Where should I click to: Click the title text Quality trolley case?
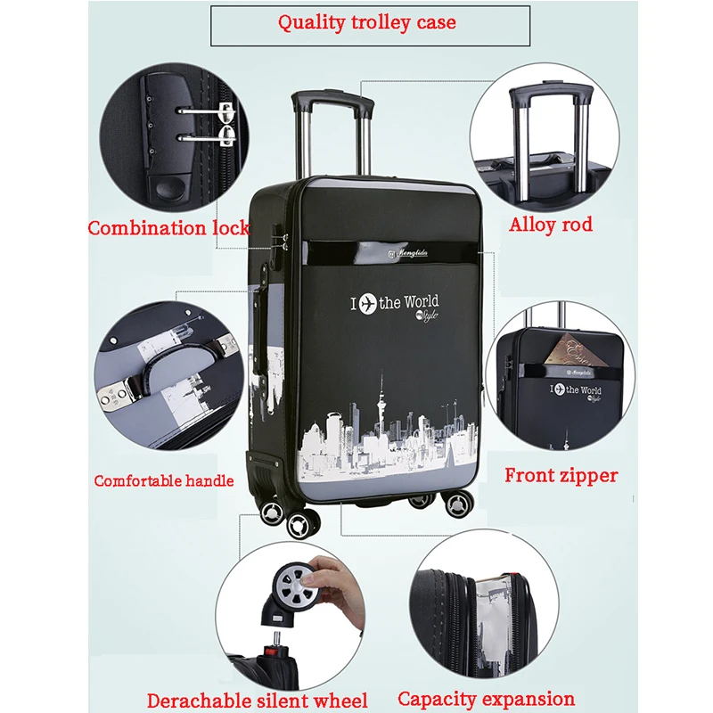tap(367, 23)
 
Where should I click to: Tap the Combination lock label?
tap(168, 228)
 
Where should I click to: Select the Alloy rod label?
tap(551, 225)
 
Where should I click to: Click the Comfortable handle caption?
tap(164, 481)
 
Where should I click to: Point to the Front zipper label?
tap(561, 476)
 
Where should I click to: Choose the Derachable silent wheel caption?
tap(257, 701)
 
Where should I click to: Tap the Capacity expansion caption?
tap(486, 699)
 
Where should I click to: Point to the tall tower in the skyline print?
tap(381, 401)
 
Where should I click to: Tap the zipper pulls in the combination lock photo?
tap(223, 125)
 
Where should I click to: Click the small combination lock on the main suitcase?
tap(282, 241)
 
